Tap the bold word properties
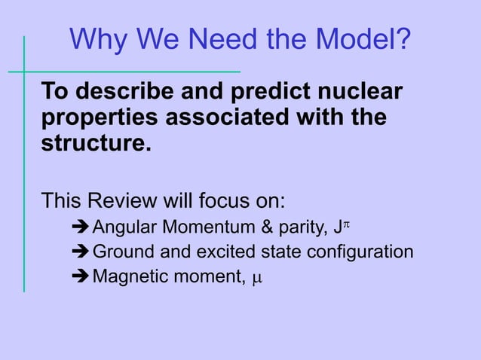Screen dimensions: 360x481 coord(100,117)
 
